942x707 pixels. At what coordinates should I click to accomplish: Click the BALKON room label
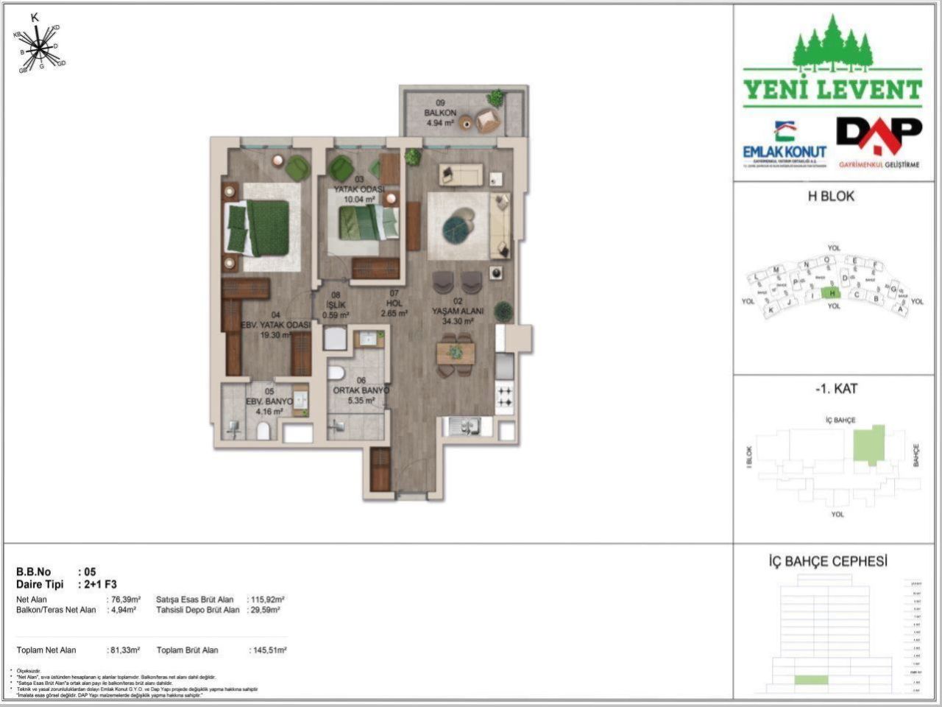pos(440,113)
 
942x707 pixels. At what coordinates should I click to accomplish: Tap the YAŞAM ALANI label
pos(457,312)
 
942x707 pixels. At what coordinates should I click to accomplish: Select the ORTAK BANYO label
pos(361,391)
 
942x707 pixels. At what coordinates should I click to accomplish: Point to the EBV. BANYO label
pos(269,402)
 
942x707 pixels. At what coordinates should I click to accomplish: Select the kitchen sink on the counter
pos(461,425)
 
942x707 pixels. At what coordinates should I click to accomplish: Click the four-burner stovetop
pos(505,396)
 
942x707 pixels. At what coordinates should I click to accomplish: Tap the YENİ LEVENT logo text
pos(832,90)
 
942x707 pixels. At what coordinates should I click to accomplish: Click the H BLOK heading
pos(832,197)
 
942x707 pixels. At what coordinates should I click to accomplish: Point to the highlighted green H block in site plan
pos(832,292)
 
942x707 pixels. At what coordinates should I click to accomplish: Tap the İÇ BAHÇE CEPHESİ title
pos(827,561)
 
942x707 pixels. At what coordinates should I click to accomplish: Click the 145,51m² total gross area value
pos(268,650)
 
